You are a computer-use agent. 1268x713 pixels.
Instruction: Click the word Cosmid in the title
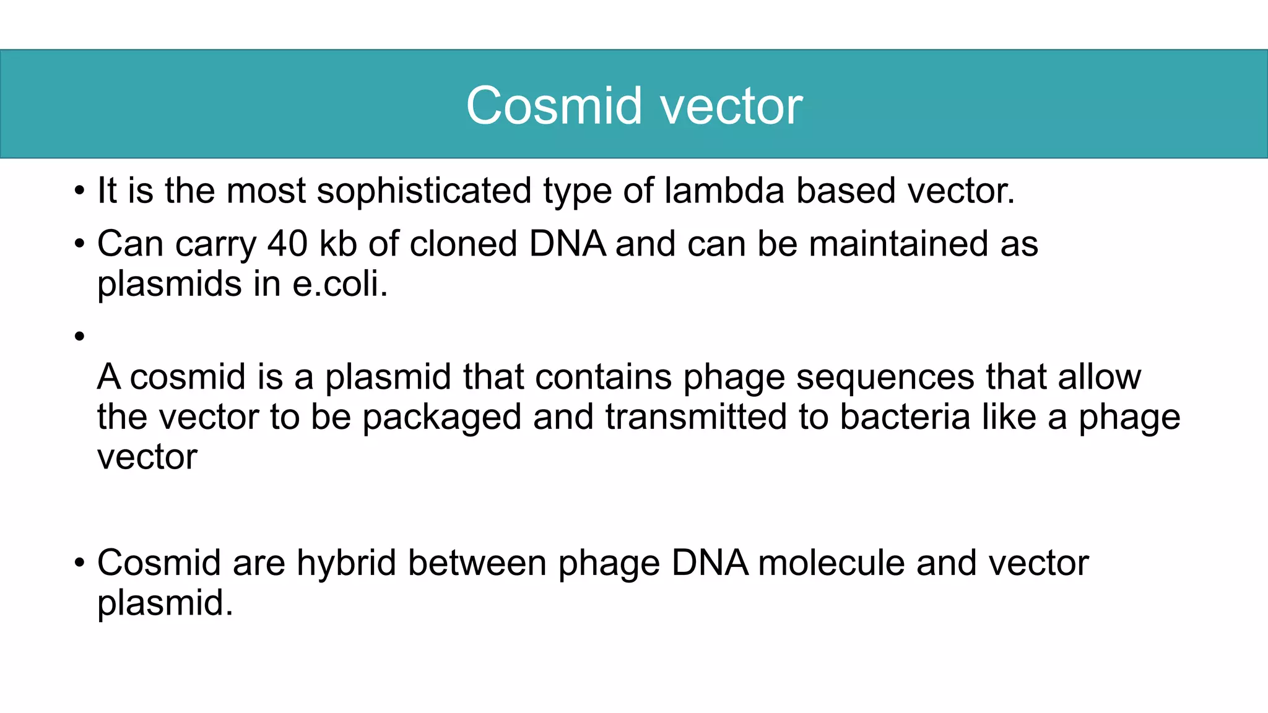[554, 106]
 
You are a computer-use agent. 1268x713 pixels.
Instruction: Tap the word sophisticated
[424, 191]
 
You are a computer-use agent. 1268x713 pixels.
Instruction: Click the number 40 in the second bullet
[287, 243]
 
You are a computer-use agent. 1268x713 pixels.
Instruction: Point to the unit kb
[338, 243]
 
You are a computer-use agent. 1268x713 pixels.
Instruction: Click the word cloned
[463, 243]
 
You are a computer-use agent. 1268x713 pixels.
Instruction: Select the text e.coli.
[340, 284]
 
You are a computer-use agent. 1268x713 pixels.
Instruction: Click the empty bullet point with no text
[79, 337]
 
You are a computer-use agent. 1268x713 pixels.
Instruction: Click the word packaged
[441, 417]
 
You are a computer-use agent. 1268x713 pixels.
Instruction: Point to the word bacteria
[905, 417]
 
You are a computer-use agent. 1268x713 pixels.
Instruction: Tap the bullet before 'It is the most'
[79, 191]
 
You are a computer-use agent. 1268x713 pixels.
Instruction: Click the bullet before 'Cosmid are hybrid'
[79, 563]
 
